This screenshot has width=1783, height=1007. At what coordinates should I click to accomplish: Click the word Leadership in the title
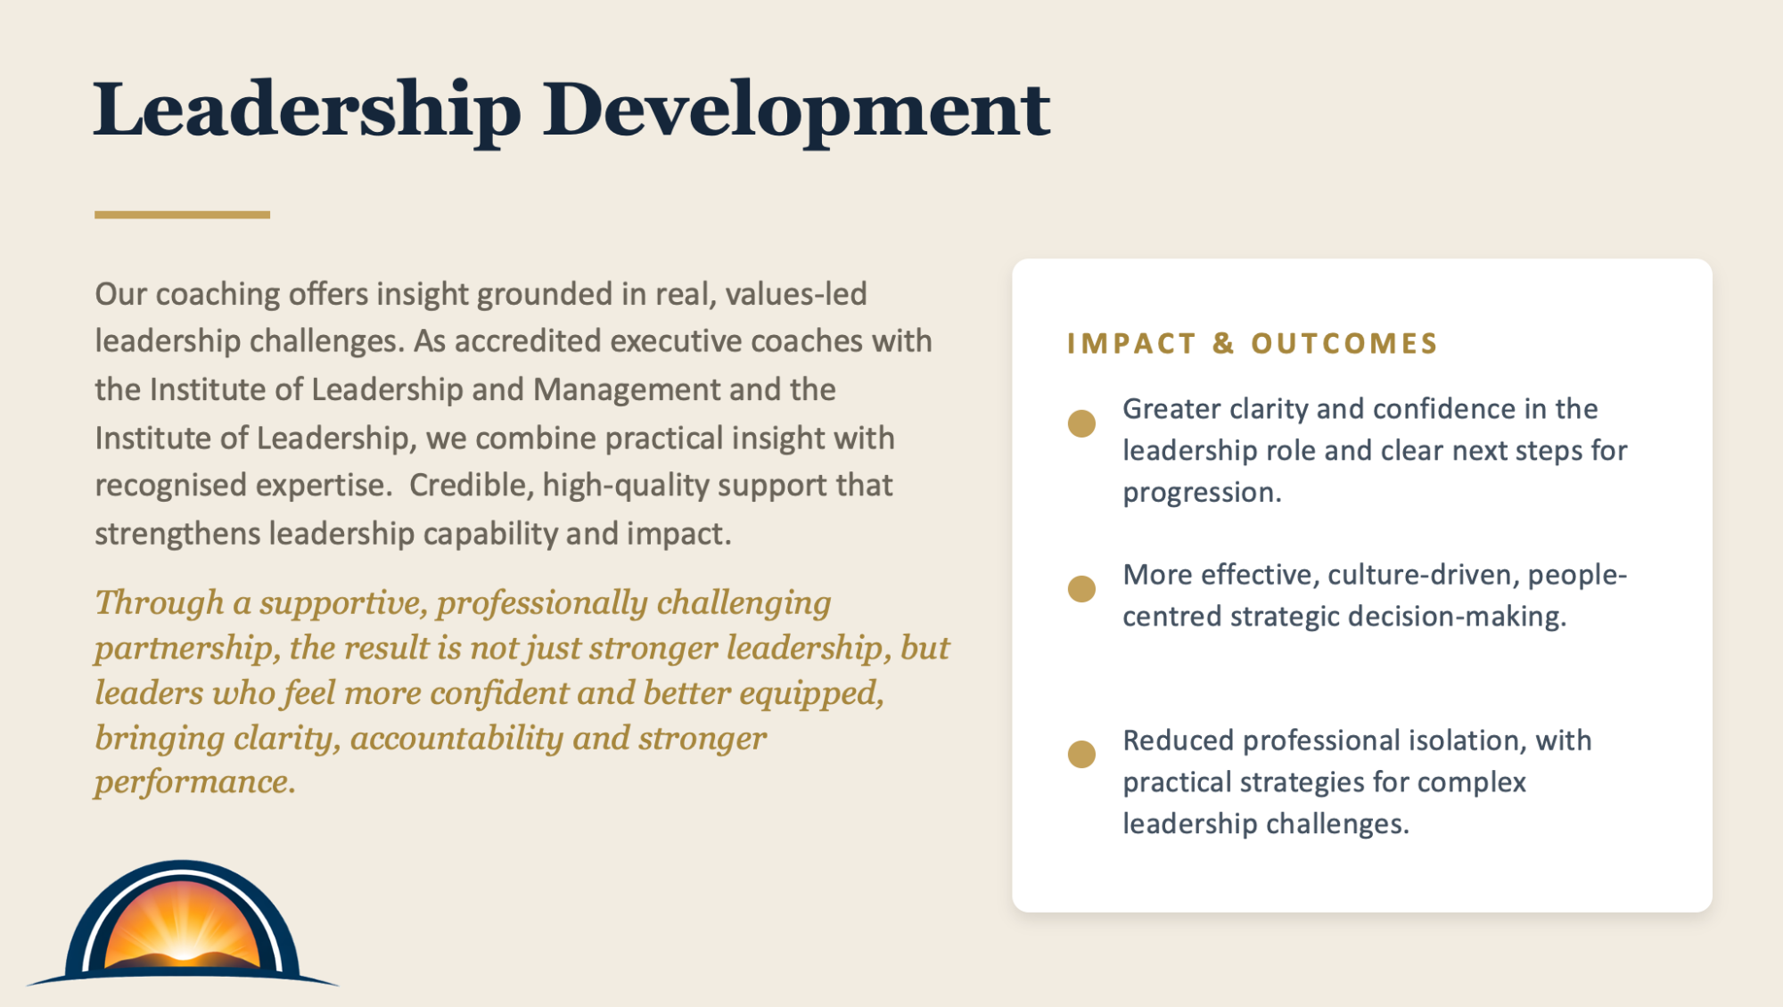click(308, 111)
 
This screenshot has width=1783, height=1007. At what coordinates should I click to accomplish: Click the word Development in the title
click(797, 111)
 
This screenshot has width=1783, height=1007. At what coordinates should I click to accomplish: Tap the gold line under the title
click(182, 215)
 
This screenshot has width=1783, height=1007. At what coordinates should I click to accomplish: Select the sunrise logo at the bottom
click(183, 923)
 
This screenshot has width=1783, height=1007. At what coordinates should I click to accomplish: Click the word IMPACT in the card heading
click(1131, 343)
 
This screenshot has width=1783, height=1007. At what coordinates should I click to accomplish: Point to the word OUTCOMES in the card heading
click(1344, 343)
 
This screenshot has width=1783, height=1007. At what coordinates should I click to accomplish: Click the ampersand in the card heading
click(1223, 343)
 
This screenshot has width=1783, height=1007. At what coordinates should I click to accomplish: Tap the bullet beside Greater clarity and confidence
click(1081, 423)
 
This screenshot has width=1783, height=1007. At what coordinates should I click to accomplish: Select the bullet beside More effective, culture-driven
click(1081, 589)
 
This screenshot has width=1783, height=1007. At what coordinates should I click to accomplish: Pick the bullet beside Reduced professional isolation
click(1081, 754)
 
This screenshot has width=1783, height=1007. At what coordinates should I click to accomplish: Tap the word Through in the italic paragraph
click(160, 603)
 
